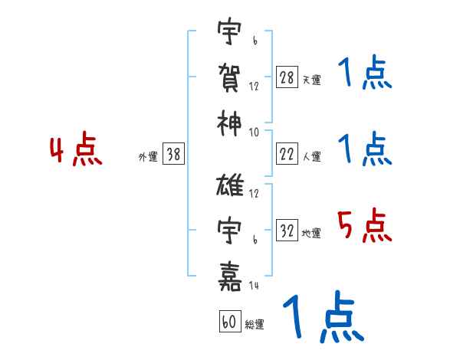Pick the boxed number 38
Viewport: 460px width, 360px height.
[173, 154]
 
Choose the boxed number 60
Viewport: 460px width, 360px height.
[228, 322]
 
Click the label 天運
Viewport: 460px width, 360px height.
[311, 80]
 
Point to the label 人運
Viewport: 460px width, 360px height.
[311, 156]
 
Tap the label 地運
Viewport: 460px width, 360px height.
[311, 233]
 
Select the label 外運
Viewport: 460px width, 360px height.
[148, 156]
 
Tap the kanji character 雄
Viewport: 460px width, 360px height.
[229, 186]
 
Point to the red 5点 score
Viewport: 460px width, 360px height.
[363, 226]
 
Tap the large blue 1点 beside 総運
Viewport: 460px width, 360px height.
[322, 316]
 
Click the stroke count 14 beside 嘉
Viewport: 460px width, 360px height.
[253, 285]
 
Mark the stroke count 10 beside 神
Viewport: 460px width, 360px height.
[253, 132]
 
